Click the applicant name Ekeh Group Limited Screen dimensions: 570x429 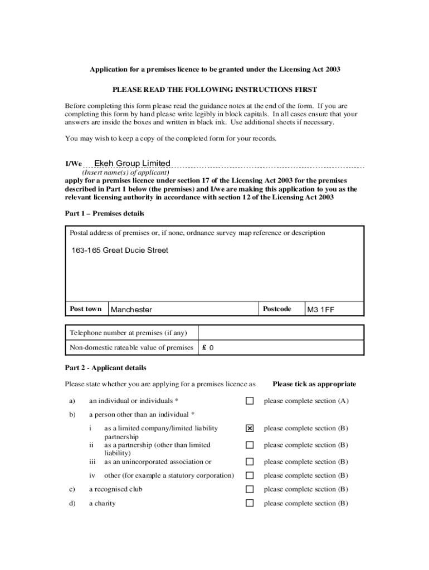pos(132,163)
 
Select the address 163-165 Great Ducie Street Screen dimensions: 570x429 pos(120,250)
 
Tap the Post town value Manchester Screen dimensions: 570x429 pos(131,309)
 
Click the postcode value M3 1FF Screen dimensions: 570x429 pos(321,309)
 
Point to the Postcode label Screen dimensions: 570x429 pos(277,309)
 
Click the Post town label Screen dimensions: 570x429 pos(86,309)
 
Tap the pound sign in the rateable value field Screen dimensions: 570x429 pos(205,348)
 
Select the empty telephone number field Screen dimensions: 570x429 pos(281,333)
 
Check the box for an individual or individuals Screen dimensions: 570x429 pos(250,401)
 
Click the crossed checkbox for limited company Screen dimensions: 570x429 pos(250,429)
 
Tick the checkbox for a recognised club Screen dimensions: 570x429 pos(250,489)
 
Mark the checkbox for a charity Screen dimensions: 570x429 pos(250,503)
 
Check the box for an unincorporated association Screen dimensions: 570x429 pos(250,461)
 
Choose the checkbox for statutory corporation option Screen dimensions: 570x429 pos(250,475)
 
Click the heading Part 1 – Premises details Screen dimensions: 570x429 pos(105,214)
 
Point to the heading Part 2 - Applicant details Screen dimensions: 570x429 pos(106,368)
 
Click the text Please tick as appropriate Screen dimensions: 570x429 pos(314,384)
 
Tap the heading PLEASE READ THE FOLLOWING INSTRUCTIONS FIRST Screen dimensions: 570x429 pos(215,90)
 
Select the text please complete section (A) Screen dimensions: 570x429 pos(306,401)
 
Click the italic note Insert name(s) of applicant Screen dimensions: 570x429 pos(126,173)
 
